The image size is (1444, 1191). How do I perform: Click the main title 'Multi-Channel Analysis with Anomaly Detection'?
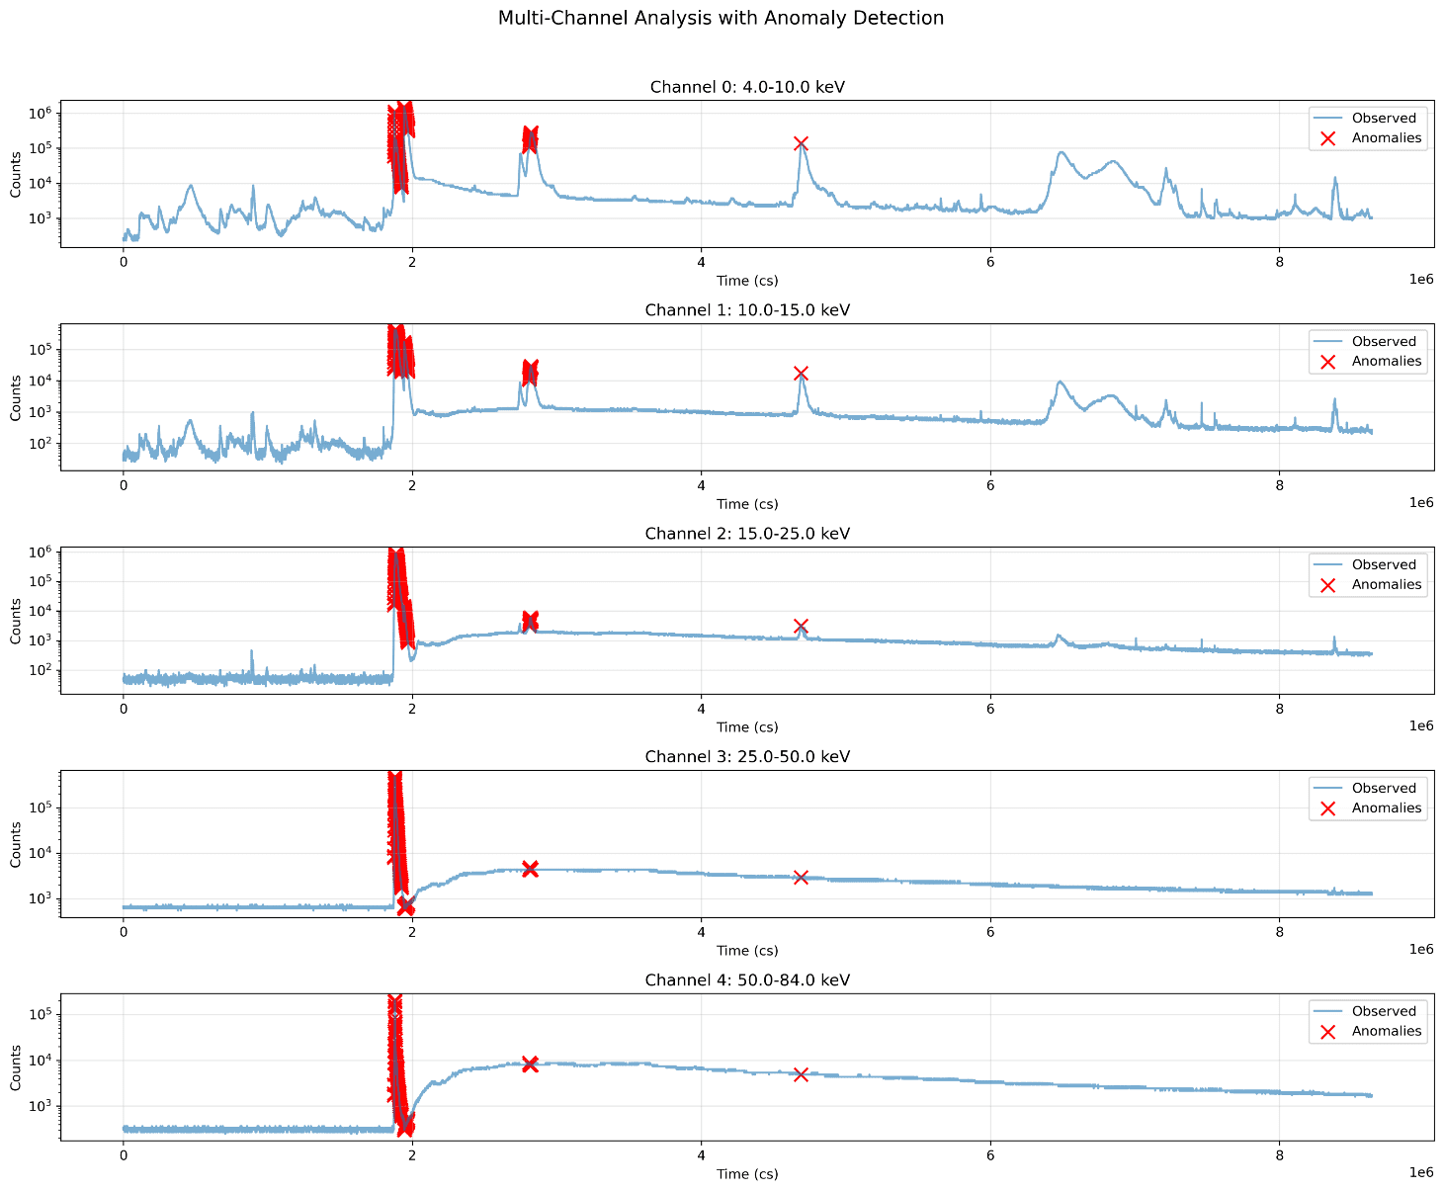(x=721, y=18)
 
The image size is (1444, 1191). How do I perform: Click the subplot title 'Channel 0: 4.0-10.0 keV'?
(x=746, y=87)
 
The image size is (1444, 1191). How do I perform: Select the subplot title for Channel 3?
(x=746, y=757)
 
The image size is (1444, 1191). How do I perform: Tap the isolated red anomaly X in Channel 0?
(x=801, y=144)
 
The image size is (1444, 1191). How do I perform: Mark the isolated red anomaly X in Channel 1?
(x=801, y=374)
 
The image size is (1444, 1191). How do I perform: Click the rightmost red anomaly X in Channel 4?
(x=801, y=1074)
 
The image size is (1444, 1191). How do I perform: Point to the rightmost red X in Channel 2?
(x=801, y=627)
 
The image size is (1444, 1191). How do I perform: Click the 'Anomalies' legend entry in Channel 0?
(x=1386, y=138)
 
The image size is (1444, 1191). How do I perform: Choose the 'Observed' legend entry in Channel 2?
(x=1384, y=565)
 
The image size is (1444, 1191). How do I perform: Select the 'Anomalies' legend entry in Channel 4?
(x=1386, y=1032)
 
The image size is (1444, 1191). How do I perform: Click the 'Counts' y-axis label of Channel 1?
(x=16, y=397)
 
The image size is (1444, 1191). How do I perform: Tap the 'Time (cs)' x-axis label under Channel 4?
(x=746, y=1174)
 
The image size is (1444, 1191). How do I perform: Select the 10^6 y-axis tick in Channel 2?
(x=40, y=553)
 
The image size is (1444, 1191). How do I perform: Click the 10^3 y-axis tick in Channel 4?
(x=40, y=1106)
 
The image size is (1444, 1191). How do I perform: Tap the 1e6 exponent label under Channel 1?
(x=1420, y=503)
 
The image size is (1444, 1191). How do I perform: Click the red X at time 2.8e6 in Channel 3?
(x=530, y=868)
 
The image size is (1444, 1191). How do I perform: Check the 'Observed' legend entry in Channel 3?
(x=1384, y=789)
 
